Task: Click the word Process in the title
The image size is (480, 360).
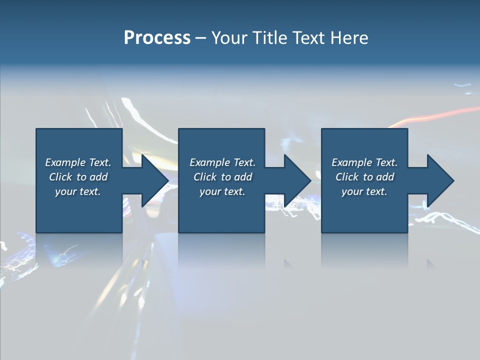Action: [x=157, y=38]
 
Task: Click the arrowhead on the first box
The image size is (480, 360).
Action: [x=153, y=180]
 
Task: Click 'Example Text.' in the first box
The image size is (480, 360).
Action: [x=78, y=162]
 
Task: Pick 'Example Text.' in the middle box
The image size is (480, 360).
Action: [x=222, y=162]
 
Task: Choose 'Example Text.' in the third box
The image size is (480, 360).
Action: [x=364, y=162]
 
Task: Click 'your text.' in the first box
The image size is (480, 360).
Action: [x=78, y=191]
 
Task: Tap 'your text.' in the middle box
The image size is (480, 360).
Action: [x=222, y=191]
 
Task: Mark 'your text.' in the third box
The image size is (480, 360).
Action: [x=364, y=191]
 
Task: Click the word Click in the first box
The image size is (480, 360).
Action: [x=60, y=177]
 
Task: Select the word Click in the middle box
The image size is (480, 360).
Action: [x=205, y=177]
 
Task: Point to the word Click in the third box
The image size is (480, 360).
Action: [x=347, y=177]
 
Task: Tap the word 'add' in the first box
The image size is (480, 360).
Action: [x=98, y=177]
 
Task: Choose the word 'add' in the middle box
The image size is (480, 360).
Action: [x=243, y=177]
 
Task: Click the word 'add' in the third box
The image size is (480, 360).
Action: [x=385, y=177]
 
